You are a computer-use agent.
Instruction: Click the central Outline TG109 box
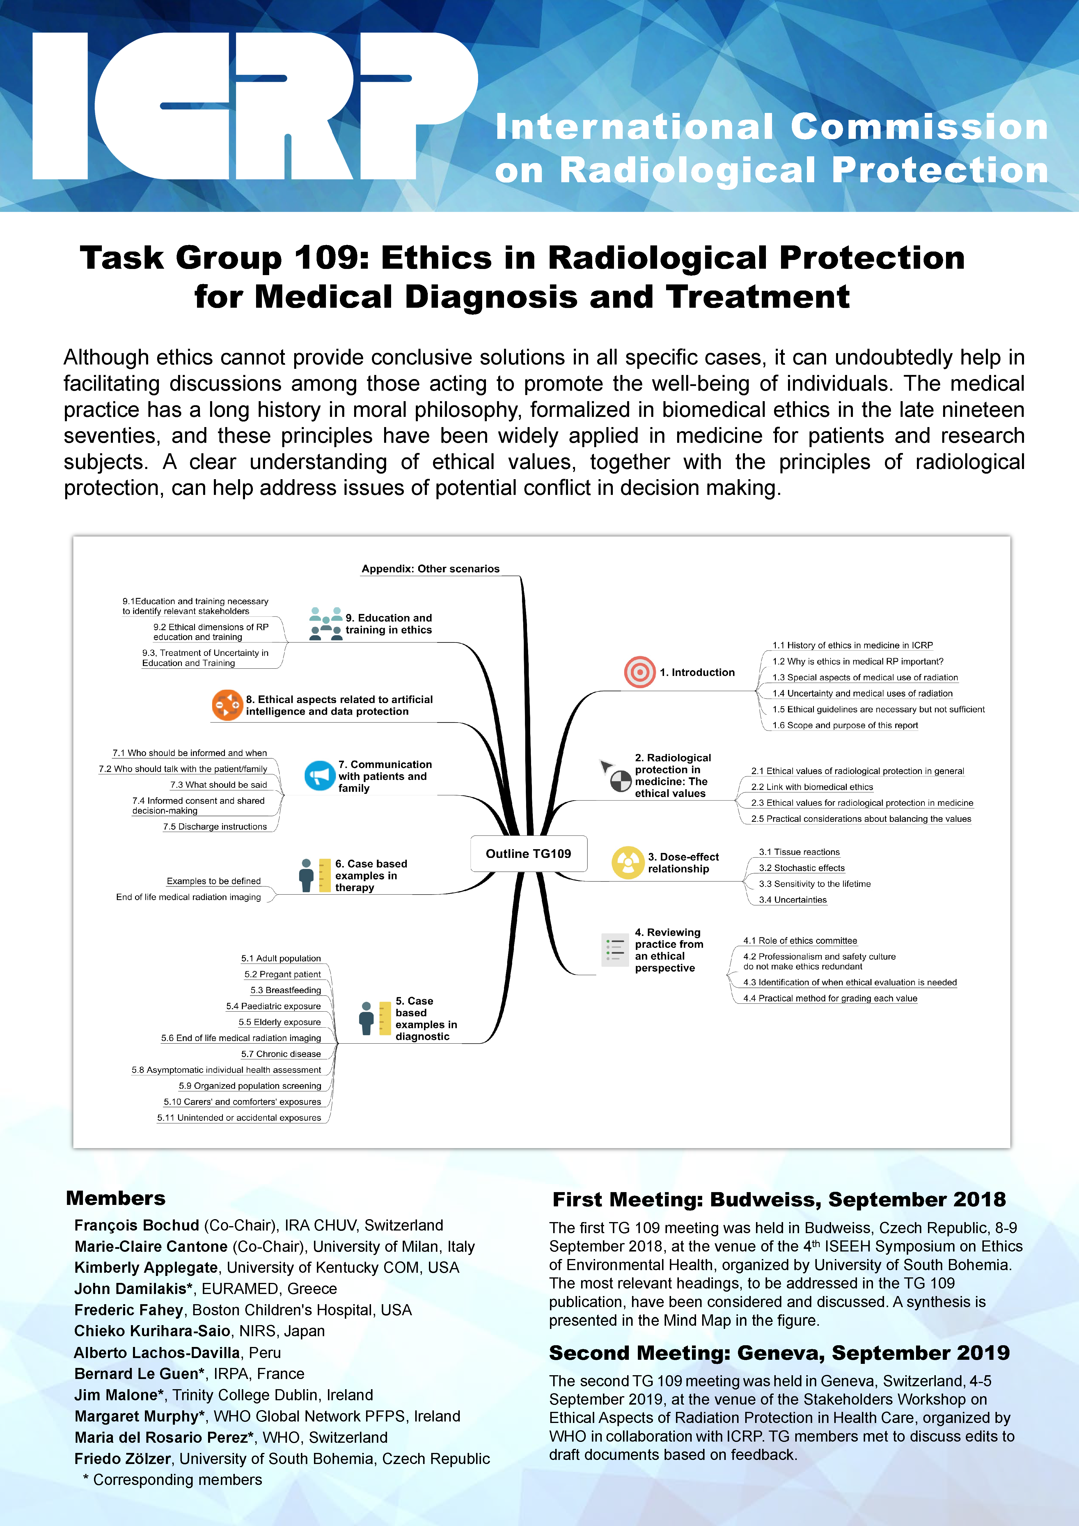(x=528, y=854)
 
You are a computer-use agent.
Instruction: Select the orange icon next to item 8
(x=227, y=705)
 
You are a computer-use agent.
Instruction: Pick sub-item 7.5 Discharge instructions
(x=215, y=827)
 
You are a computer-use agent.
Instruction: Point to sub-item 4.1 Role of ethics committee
(x=800, y=941)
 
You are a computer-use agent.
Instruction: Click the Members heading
(x=116, y=1198)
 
